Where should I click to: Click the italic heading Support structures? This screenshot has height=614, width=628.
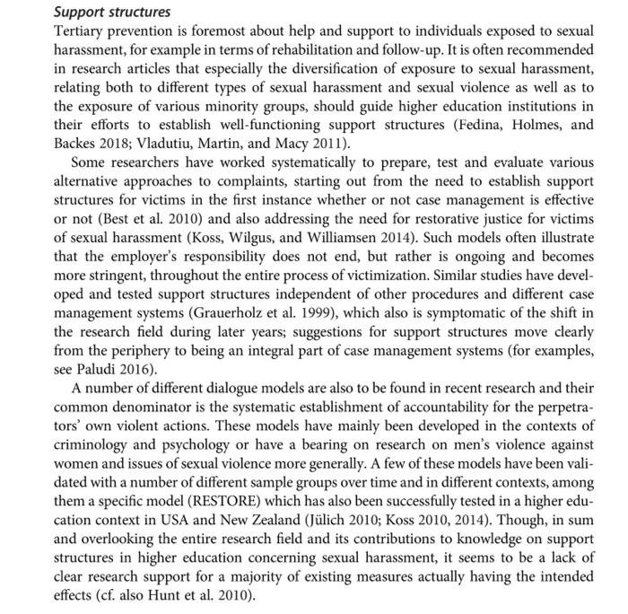[112, 13]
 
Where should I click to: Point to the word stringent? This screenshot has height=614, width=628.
[130, 284]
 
